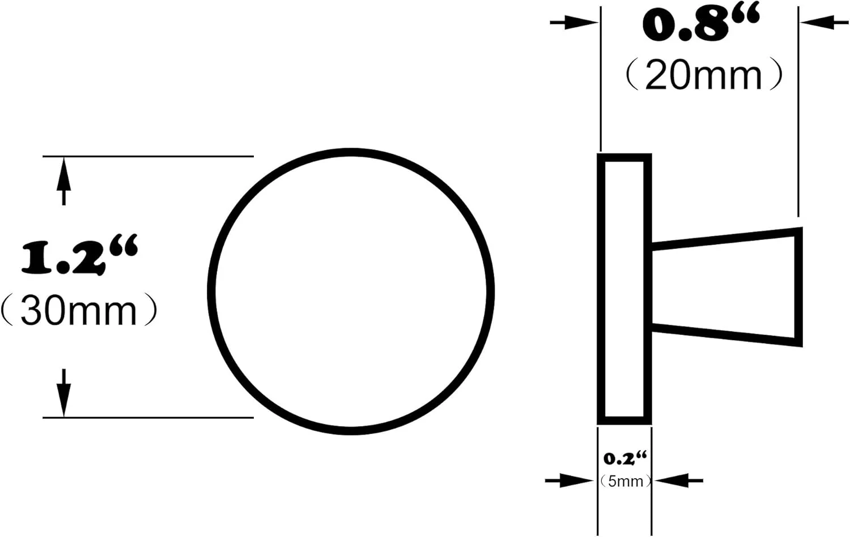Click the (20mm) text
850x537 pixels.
(x=704, y=75)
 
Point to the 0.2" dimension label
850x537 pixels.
(x=624, y=458)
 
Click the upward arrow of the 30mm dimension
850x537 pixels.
(x=63, y=181)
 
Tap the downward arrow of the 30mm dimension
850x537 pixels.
(x=63, y=393)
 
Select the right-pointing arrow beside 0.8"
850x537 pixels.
(x=574, y=23)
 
